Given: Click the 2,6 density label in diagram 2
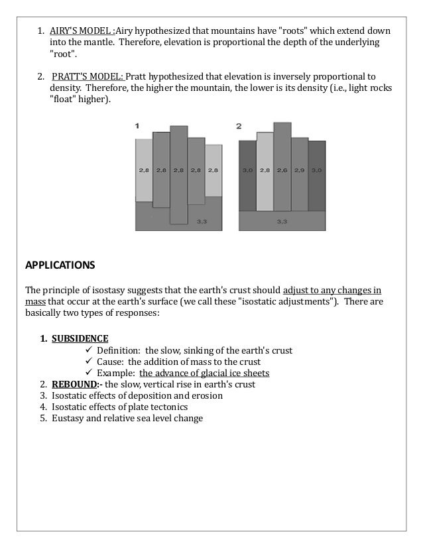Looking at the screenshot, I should click(x=282, y=171).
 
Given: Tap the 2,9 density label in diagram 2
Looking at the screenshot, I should click(x=299, y=171).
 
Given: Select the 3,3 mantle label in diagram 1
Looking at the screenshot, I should click(x=202, y=222).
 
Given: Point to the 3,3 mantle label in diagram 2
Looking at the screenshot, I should click(x=282, y=221).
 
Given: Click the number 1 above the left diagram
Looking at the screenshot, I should click(x=137, y=125).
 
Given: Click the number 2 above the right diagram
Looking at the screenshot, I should click(x=239, y=125).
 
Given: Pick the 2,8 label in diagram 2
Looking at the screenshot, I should click(x=265, y=171).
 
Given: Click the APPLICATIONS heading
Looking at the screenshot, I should click(x=60, y=265).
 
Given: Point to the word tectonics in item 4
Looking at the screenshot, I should click(x=168, y=407).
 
